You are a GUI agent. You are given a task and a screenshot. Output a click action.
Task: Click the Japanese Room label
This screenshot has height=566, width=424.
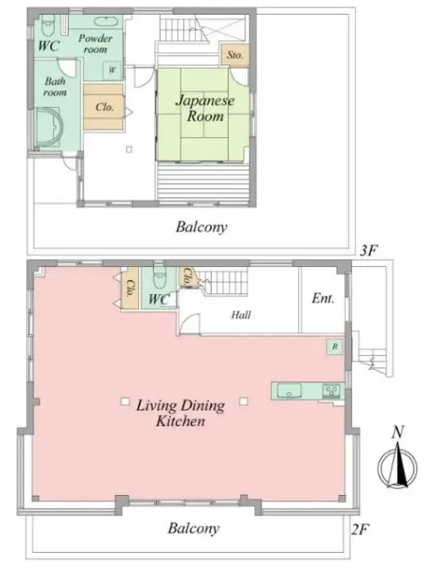tap(204, 109)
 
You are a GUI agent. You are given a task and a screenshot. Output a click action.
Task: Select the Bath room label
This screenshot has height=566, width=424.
tap(56, 87)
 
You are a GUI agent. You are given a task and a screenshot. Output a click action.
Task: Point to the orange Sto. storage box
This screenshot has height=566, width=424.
tap(234, 56)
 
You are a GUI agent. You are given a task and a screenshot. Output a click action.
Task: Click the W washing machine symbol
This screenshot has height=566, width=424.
tap(111, 71)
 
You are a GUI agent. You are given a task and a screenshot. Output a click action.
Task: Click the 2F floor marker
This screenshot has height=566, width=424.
tap(359, 528)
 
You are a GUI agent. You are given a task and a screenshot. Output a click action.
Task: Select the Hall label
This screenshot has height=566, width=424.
tap(240, 314)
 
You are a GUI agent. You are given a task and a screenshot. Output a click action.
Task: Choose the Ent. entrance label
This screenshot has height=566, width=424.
tap(324, 299)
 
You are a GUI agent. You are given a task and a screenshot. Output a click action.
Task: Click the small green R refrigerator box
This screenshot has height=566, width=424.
tap(334, 346)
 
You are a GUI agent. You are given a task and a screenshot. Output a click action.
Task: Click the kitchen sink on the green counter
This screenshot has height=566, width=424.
tap(291, 390)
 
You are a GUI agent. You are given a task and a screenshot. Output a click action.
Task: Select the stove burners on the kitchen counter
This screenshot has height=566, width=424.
tap(331, 390)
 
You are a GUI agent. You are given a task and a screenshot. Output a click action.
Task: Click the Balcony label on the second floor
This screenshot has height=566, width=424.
tap(194, 528)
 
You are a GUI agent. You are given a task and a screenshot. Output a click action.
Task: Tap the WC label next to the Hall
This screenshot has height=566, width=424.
tap(159, 300)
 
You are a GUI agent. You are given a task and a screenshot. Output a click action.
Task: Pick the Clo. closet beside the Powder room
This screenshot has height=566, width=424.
tap(104, 106)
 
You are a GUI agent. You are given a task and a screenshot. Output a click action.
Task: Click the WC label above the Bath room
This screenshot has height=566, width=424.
tap(48, 45)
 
